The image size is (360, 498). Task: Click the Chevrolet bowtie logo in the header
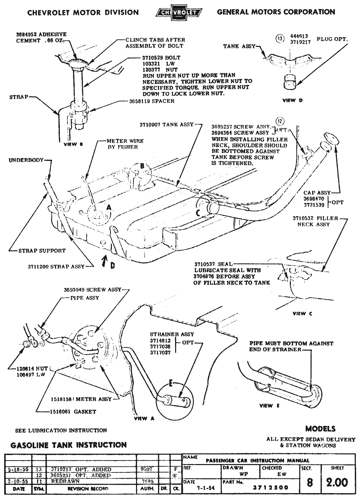178,13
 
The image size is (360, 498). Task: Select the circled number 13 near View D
280,39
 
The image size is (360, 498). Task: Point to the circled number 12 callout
280,121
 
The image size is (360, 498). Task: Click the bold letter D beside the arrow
112,265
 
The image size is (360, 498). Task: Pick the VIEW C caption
302,313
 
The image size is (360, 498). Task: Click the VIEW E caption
269,406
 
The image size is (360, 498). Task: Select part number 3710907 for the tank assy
151,124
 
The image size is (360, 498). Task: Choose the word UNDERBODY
26,160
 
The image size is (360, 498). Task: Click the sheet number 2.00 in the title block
337,482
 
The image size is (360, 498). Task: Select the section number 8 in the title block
310,482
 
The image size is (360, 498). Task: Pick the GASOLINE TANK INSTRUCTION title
69,445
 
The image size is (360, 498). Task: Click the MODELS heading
320,429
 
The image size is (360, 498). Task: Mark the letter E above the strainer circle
172,384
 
